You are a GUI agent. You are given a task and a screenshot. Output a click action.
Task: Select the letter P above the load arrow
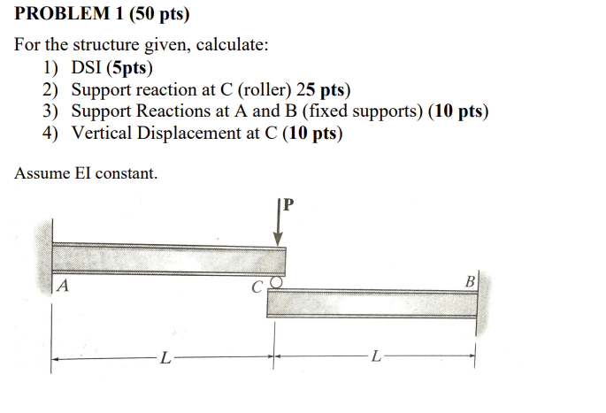click(x=288, y=206)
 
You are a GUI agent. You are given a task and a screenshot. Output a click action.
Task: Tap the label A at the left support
click(x=63, y=287)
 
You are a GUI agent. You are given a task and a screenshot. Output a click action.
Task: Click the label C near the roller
click(x=257, y=287)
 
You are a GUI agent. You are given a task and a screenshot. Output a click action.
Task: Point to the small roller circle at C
click(x=275, y=283)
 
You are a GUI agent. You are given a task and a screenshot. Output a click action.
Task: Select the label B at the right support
click(x=470, y=281)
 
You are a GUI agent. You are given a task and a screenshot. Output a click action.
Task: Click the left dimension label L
click(x=165, y=358)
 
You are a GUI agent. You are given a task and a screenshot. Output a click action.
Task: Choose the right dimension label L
click(x=377, y=358)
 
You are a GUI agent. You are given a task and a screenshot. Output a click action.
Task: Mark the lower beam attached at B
click(x=372, y=303)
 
